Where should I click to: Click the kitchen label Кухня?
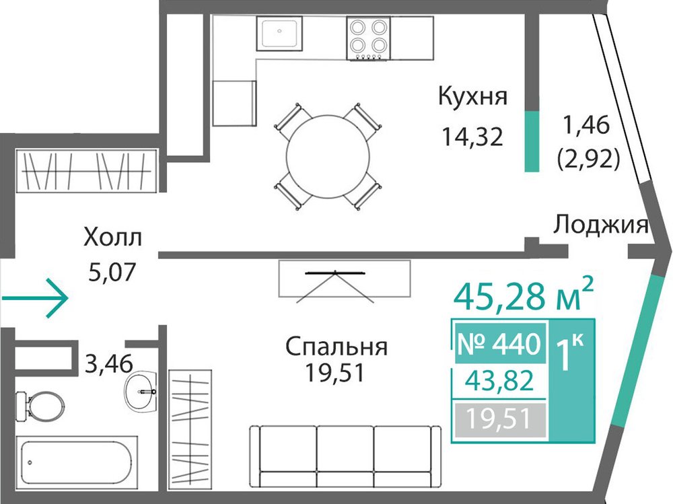coord(472,97)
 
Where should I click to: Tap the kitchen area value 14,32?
coord(472,137)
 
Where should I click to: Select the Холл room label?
coord(112,238)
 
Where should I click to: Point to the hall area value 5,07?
coord(112,271)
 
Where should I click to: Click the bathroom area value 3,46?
coord(109,363)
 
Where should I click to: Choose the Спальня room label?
coord(336,347)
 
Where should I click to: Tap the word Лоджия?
coord(601,225)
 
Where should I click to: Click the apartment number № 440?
coord(499,344)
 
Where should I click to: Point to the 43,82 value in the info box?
coord(499,380)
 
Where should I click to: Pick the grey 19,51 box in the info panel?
coord(501,419)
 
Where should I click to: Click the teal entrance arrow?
coord(35,298)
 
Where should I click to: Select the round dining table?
coord(328,157)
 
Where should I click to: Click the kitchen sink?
coord(279,34)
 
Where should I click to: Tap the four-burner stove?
coord(369,38)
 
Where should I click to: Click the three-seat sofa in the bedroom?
coord(345,456)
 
